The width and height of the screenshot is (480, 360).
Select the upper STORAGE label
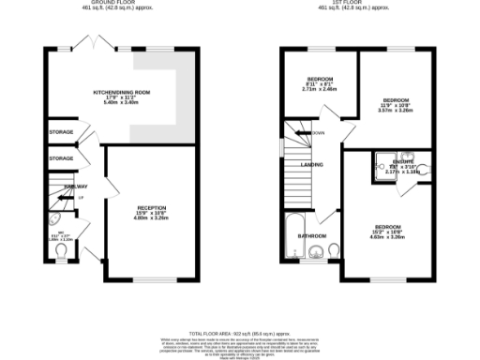coord(61,132)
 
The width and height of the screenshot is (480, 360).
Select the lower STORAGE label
coord(61,158)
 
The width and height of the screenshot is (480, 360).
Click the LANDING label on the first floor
coord(312,165)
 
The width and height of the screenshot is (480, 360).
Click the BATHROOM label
coord(312,235)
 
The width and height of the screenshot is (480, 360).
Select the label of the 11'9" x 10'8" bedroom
coord(394,97)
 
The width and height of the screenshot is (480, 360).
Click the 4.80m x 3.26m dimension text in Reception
coord(152,218)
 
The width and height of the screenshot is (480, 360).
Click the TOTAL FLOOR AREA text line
coord(239,333)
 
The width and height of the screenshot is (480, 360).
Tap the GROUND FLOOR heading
coord(102,3)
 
